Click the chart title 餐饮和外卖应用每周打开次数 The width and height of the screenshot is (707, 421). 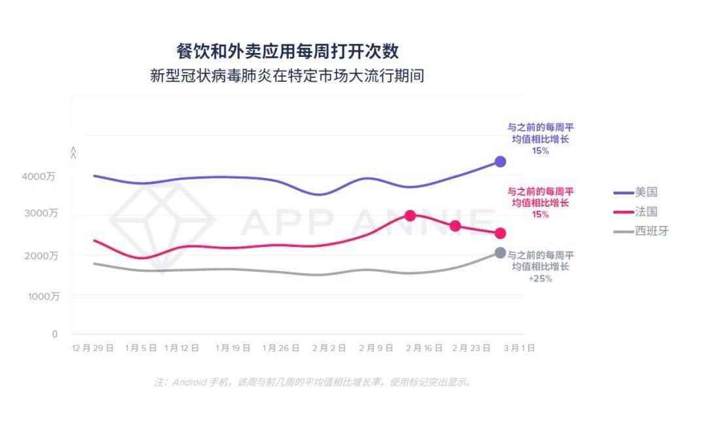click(287, 51)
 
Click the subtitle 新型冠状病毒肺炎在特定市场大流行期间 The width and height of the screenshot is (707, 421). click(287, 76)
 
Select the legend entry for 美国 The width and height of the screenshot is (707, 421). click(645, 192)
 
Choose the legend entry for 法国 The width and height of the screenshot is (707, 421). click(645, 212)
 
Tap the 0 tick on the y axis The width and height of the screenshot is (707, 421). click(55, 335)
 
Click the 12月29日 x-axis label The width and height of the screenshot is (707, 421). click(93, 348)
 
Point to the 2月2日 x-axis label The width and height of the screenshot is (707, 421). click(329, 348)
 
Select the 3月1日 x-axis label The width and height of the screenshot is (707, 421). click(518, 348)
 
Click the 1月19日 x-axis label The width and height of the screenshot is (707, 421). click(233, 348)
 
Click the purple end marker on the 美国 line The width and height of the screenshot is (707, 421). click(500, 162)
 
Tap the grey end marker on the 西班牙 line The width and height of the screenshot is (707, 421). click(500, 253)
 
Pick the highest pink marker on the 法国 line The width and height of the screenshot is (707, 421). click(410, 215)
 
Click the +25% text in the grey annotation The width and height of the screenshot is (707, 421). click(540, 278)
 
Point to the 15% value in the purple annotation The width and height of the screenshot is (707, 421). click(540, 151)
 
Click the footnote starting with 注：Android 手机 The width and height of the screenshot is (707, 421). click(313, 382)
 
